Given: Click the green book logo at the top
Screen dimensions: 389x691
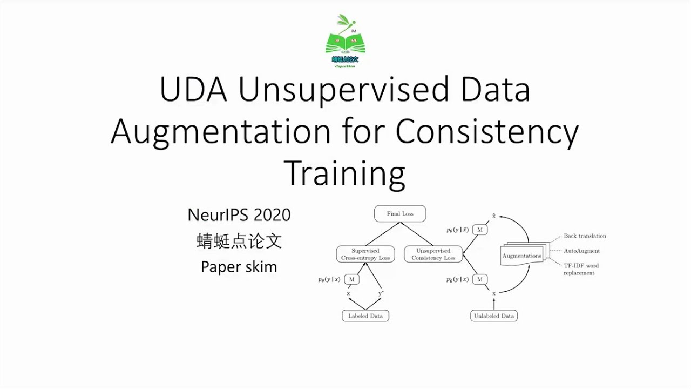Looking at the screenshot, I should coord(345,41).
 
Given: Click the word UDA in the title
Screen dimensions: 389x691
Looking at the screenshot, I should coord(194,90).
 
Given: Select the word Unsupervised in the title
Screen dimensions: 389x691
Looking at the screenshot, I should coord(343,90).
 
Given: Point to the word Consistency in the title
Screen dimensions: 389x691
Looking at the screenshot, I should coord(487,132).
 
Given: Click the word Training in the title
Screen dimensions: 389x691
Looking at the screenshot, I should coord(344,173).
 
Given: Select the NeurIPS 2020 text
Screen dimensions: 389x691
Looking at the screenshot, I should coord(239,215).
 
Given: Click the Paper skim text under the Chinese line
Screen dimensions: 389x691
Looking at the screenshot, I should coord(239,266).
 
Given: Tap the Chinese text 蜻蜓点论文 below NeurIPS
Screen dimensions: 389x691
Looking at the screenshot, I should coord(239,241).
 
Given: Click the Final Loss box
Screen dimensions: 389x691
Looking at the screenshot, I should coord(400,214).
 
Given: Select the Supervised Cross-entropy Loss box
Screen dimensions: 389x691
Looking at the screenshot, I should coord(365,254).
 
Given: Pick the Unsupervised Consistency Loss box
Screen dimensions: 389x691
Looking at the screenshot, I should coord(433,254).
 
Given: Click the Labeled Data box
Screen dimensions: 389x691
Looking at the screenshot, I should coord(365,316).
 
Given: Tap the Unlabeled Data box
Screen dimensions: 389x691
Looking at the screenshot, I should coord(494,316).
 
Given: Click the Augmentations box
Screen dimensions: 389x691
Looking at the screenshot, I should coord(521,256).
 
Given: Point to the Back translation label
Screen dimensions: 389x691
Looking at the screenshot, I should coord(585,236).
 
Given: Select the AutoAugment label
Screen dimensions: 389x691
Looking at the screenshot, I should coord(581,251).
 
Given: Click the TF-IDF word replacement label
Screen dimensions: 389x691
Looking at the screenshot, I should coord(581,269).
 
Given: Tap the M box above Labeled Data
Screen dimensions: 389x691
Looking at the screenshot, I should coord(352,279).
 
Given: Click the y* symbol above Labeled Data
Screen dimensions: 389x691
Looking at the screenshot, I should coord(381,293).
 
